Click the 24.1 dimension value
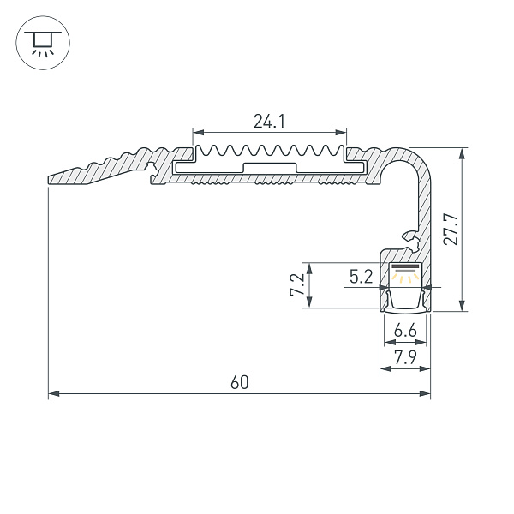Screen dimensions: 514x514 [269, 122]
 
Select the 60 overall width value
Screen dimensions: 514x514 [239, 382]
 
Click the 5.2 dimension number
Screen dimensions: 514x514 [361, 276]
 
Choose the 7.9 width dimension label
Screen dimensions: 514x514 [404, 357]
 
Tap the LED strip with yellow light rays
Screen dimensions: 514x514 [405, 275]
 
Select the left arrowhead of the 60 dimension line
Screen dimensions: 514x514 [52, 394]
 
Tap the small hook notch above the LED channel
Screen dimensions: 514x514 [408, 234]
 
